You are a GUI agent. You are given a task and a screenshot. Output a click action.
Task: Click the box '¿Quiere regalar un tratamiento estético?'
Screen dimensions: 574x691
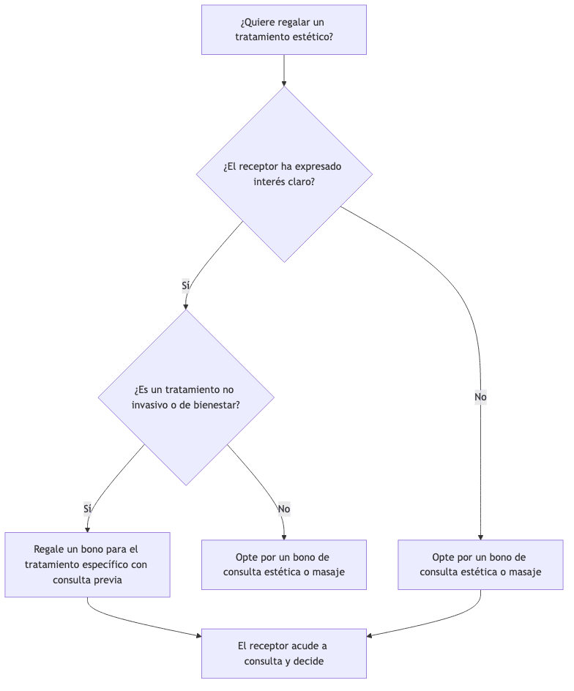(x=284, y=29)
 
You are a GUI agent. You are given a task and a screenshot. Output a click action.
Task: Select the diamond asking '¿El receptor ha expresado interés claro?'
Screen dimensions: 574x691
(x=284, y=174)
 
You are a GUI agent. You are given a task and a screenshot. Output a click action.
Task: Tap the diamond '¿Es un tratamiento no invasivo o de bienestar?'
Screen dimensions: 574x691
(x=186, y=397)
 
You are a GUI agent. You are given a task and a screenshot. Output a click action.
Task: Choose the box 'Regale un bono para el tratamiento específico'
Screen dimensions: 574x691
(x=87, y=564)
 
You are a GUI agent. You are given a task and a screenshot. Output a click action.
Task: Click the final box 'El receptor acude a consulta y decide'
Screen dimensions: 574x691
(x=284, y=653)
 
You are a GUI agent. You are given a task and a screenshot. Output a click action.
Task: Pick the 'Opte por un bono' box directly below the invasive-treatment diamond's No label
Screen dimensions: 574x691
(x=284, y=564)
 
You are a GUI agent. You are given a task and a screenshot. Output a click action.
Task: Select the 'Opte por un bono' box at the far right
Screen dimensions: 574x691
(x=480, y=564)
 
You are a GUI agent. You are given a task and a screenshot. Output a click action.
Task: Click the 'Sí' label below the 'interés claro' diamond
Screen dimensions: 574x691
(x=186, y=285)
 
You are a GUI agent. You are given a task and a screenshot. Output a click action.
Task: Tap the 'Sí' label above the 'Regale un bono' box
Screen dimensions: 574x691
(x=87, y=509)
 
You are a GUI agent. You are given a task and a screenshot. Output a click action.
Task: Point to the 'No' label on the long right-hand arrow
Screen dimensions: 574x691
(x=480, y=397)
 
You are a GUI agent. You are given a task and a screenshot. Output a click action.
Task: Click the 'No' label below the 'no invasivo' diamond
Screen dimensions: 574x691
(x=284, y=509)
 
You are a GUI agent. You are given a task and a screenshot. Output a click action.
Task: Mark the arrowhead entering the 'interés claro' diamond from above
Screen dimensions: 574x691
(x=284, y=83)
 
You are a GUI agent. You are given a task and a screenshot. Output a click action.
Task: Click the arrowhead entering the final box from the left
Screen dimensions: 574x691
(x=199, y=635)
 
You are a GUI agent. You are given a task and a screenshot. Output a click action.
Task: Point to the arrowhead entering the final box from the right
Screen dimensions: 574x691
(x=370, y=635)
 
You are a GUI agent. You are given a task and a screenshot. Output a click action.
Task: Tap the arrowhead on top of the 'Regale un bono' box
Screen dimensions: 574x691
(x=87, y=530)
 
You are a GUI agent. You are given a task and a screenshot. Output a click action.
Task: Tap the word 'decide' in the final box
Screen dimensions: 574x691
(x=309, y=661)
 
